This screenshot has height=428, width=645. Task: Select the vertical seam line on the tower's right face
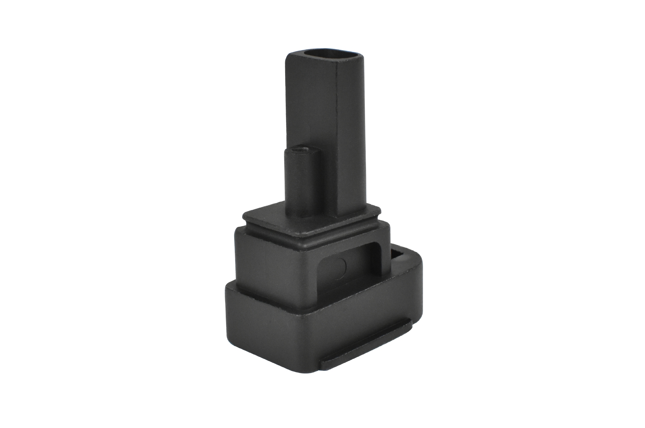point(337,129)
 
